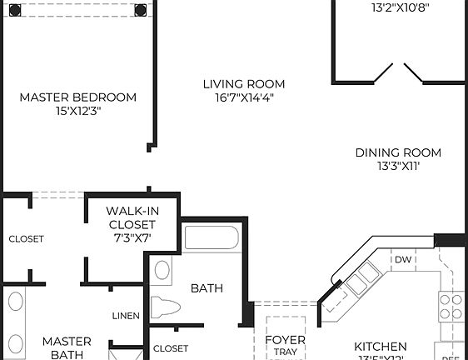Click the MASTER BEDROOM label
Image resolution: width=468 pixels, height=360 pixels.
point(78,97)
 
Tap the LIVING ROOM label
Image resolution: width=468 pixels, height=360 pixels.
point(244,84)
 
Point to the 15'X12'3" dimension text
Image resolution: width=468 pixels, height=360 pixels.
point(78,112)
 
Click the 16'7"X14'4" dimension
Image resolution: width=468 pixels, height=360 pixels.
point(244,97)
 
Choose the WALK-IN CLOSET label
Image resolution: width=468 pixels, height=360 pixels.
point(132,218)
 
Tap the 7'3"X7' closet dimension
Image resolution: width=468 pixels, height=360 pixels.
point(132,238)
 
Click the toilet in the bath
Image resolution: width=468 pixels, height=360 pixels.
point(166,306)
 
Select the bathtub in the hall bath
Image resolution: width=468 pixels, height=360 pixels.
point(212,239)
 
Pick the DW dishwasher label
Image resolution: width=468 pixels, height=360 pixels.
point(404,259)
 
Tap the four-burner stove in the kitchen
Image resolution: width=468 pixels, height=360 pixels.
point(451,306)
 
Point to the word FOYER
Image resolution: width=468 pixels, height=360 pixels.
point(285,340)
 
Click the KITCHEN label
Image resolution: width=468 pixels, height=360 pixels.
point(380,346)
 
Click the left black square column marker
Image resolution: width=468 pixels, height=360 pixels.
point(15,10)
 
